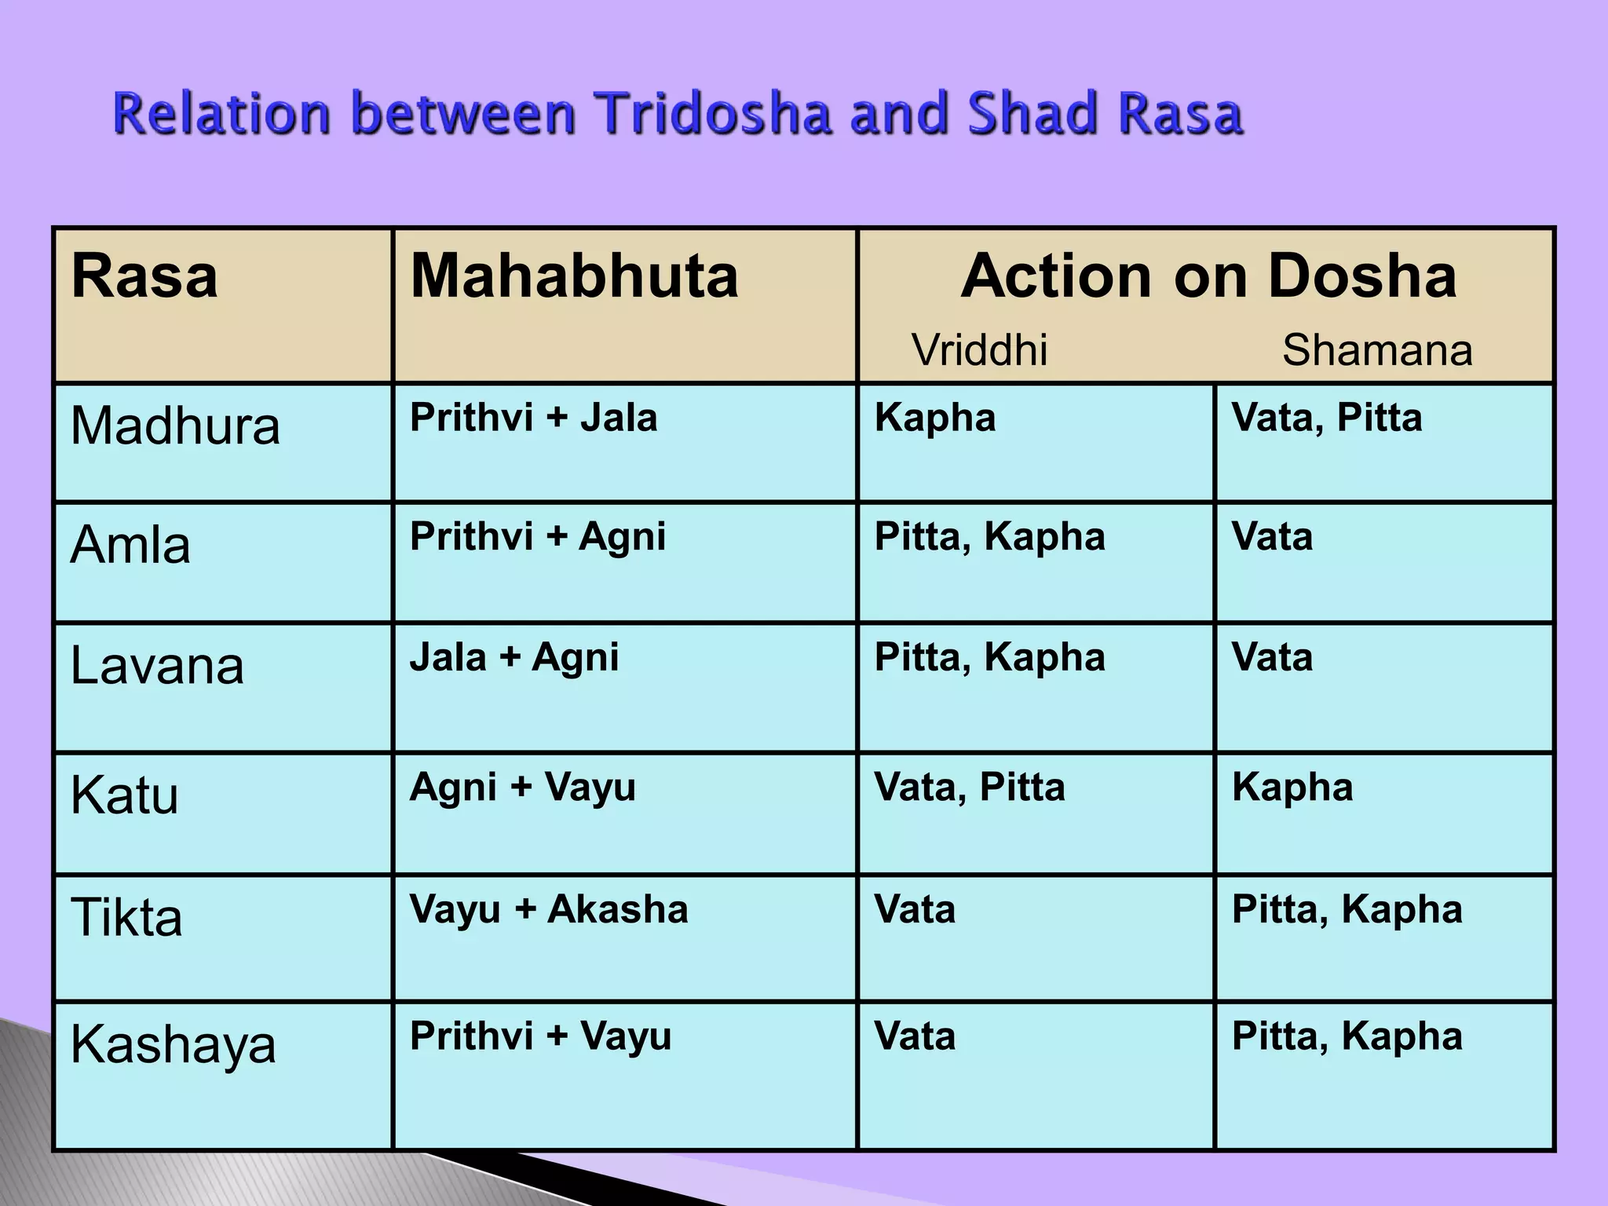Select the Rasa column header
coord(144,276)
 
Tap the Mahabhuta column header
coord(574,276)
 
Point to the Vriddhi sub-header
coord(979,349)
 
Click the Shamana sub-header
coord(1377,349)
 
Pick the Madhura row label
coord(175,426)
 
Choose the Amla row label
coord(130,545)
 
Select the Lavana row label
coord(157,667)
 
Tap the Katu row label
coord(125,795)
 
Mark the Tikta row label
coord(126,917)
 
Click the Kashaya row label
coord(174,1045)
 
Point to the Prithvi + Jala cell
coord(534,417)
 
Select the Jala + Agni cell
coord(514,657)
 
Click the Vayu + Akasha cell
coord(549,909)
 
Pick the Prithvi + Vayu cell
coord(541,1036)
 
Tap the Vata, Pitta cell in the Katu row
coord(970,787)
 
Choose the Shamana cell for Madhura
coord(1327,417)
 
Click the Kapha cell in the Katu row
coord(1292,787)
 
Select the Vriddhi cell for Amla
coord(990,537)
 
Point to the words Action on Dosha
coord(1209,276)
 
